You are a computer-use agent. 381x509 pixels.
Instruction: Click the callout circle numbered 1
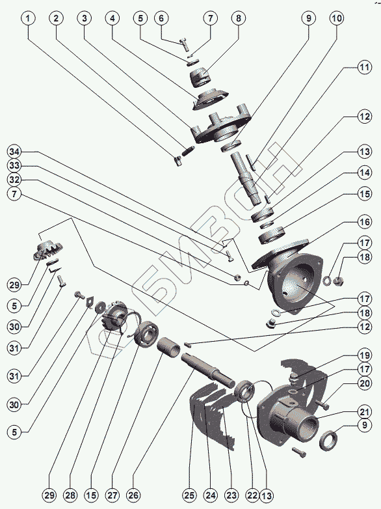coord(28,18)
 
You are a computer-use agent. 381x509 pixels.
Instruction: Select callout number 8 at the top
coord(239,18)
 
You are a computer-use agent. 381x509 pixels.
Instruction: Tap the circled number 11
coord(365,68)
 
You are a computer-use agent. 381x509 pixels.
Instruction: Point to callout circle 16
coord(365,222)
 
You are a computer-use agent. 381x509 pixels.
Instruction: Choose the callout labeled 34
coord(14,152)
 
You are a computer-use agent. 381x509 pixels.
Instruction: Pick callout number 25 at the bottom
coord(190,495)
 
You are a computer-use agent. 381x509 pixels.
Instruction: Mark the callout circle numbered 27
coord(112,495)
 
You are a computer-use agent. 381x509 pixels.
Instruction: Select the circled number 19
coord(365,355)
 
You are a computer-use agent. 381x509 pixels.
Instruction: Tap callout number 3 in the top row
coord(85,18)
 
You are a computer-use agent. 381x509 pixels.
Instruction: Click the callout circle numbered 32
coord(14,180)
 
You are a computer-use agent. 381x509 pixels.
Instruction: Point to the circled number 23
coord(231,495)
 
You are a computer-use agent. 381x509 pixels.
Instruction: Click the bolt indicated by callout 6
coord(184,44)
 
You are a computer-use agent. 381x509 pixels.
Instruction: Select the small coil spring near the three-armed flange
coord(189,150)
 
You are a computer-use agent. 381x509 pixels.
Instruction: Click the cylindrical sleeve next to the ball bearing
coord(169,348)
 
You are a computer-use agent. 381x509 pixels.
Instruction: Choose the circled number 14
coord(365,172)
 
